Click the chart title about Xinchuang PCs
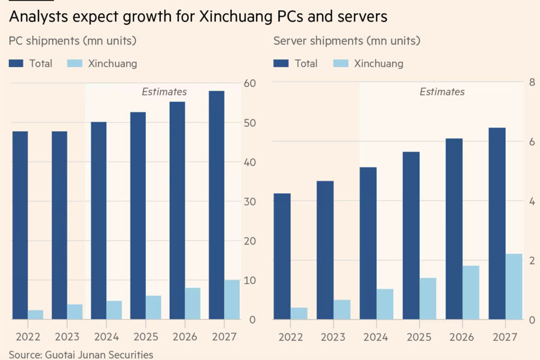coord(198,17)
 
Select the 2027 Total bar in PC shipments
coord(217,204)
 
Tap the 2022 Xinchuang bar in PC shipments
coord(35,314)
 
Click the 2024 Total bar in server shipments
coord(368,243)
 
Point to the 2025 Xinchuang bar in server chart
coord(428,298)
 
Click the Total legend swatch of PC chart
coord(16,63)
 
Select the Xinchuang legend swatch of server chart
coord(340,63)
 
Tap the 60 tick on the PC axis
coord(247,83)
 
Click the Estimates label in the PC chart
coord(164,92)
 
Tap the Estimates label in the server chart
coord(442,92)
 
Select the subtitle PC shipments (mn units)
coord(73,41)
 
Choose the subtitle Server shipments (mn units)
coord(346,41)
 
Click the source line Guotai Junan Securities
coord(81,355)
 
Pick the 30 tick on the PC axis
coord(247,202)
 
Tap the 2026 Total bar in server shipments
coord(454,229)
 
